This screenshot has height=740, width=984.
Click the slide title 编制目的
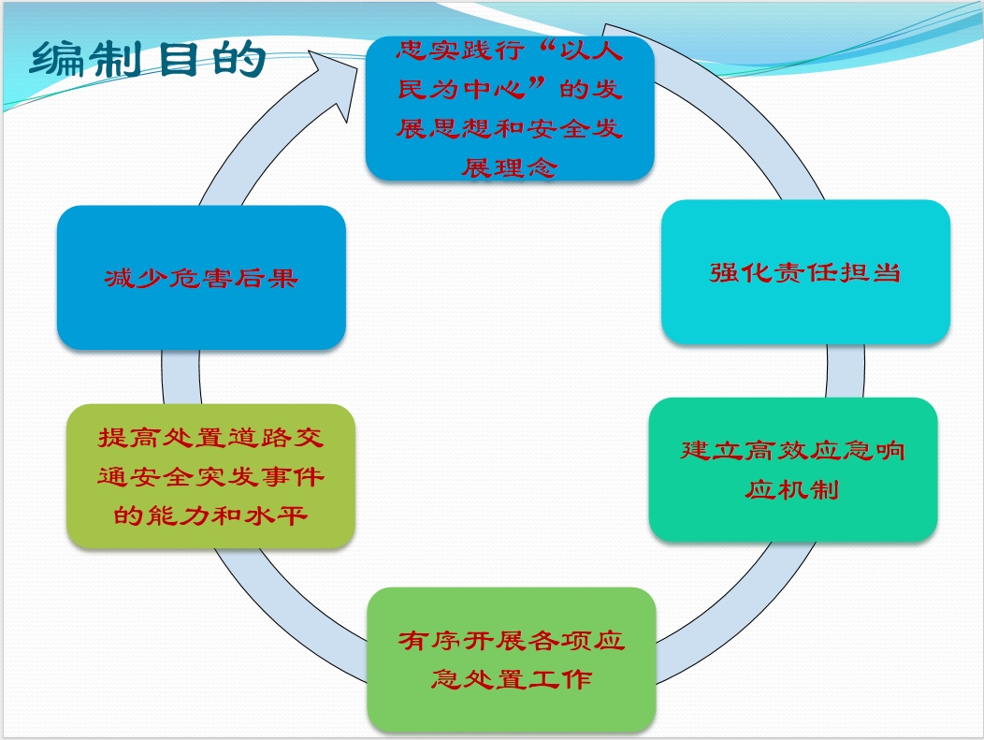(x=148, y=59)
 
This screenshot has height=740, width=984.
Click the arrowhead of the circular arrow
(x=334, y=80)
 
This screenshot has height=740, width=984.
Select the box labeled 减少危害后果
(x=201, y=278)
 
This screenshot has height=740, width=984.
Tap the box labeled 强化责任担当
(x=805, y=272)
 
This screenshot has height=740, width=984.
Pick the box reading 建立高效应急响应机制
(x=793, y=470)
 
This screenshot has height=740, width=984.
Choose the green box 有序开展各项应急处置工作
(x=512, y=659)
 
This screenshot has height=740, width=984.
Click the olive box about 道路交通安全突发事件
(x=210, y=476)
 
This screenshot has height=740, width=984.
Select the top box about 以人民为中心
(x=510, y=109)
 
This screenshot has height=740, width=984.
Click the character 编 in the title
(x=56, y=59)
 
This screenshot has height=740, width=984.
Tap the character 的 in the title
(x=239, y=59)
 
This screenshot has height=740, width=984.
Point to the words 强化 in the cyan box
(x=741, y=272)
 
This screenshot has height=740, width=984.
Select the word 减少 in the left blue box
(x=137, y=278)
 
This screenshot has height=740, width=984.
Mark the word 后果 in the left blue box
(x=266, y=278)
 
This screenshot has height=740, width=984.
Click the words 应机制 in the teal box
(x=792, y=489)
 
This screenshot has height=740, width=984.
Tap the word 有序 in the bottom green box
(x=430, y=640)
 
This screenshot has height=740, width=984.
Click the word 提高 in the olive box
(x=129, y=438)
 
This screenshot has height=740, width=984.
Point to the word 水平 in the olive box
(x=276, y=515)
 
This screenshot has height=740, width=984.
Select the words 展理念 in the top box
(x=510, y=167)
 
